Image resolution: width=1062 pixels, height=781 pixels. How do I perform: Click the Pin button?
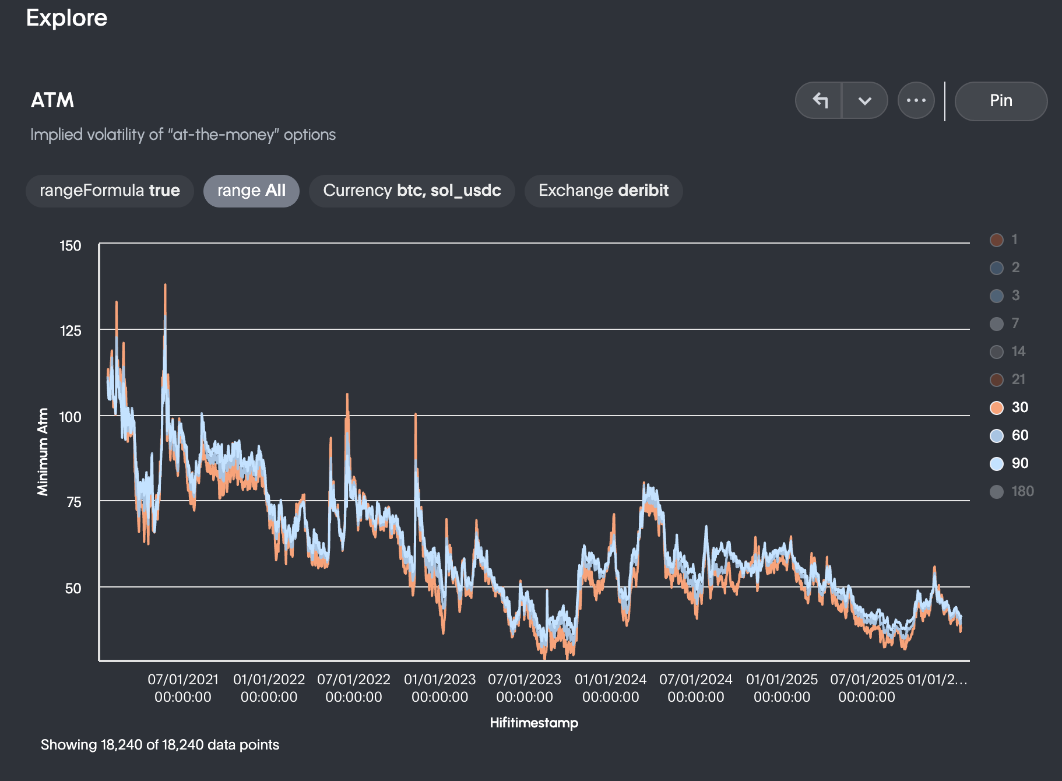[x=1000, y=101]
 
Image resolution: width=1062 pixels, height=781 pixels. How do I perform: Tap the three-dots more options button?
[x=916, y=101]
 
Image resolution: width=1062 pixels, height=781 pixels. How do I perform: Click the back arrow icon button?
[x=820, y=101]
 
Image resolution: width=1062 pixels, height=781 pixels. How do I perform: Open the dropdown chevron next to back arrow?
[x=864, y=101]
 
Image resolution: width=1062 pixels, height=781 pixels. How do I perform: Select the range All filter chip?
[x=251, y=191]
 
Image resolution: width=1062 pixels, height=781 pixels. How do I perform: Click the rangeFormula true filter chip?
[x=110, y=191]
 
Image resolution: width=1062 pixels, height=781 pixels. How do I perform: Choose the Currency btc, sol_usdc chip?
[x=412, y=191]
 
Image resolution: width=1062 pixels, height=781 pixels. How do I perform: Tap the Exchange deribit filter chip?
[x=603, y=191]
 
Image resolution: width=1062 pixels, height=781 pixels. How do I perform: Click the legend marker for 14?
[x=997, y=351]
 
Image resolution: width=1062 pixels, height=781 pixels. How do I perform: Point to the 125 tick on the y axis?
[x=71, y=331]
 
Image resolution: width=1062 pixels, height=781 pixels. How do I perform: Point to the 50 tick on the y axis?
[x=73, y=589]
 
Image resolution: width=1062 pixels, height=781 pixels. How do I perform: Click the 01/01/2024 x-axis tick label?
[x=610, y=688]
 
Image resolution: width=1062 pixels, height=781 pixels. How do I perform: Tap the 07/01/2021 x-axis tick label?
[x=182, y=688]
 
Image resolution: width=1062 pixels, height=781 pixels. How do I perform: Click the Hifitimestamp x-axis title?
[x=534, y=723]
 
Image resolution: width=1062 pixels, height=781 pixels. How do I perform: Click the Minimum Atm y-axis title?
[x=43, y=452]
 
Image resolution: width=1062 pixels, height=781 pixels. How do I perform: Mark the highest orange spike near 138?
[x=165, y=286]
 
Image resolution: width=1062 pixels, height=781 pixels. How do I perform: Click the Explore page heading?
[x=66, y=18]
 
